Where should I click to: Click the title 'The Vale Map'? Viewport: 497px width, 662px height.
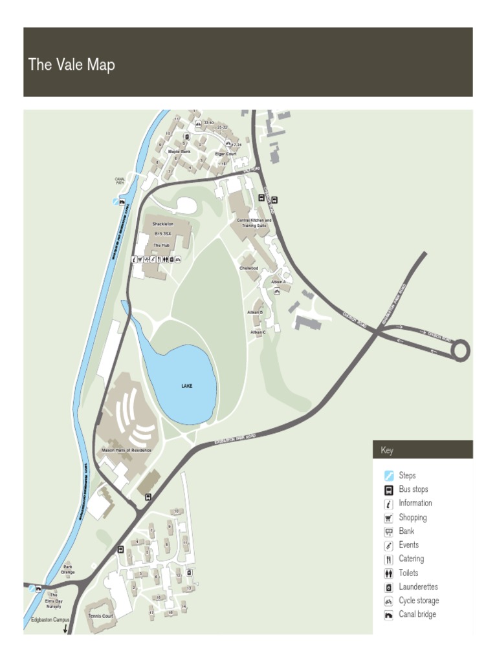71,65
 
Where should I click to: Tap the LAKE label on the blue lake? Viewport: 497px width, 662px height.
186,386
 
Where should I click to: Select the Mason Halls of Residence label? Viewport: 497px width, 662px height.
126,450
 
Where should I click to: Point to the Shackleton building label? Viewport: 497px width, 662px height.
163,224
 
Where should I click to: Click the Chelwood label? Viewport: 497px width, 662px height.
248,268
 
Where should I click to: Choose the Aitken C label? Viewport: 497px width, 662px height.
258,332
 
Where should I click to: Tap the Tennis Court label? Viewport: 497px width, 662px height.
100,616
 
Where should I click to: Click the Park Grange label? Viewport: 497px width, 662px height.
68,569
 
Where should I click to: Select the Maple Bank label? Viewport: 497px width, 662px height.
179,151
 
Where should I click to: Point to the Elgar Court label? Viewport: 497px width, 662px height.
226,154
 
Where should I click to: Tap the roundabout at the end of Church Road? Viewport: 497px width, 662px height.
461,350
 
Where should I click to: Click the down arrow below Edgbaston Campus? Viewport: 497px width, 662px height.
65,628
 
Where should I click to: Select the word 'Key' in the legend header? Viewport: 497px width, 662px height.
387,450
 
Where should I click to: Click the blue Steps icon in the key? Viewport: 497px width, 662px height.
389,476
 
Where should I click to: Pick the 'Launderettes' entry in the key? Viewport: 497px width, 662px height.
418,587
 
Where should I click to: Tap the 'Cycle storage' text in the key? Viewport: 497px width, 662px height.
419,601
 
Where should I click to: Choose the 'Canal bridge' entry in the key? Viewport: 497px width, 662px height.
417,614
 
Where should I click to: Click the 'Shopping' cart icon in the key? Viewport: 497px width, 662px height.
389,518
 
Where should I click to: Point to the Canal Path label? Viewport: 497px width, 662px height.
120,181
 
